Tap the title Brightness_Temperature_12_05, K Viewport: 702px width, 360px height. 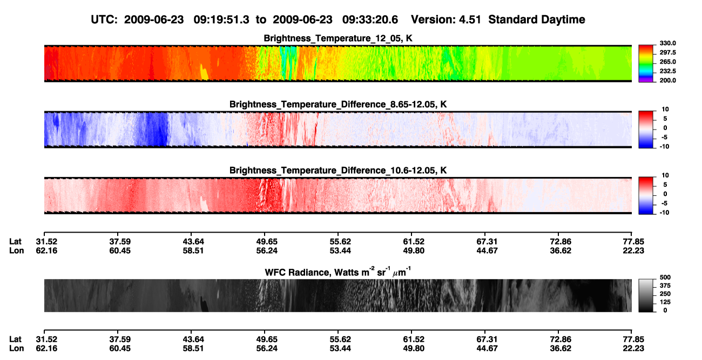tap(338, 38)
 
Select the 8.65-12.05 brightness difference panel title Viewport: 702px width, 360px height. tap(338, 104)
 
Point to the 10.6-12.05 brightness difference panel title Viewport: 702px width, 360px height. tap(338, 171)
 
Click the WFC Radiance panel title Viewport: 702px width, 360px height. tap(338, 272)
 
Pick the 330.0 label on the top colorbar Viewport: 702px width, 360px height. tap(667, 43)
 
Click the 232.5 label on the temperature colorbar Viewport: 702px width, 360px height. tap(667, 71)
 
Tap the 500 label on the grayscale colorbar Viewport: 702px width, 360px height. tap(665, 277)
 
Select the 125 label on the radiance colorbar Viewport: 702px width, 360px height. tap(665, 302)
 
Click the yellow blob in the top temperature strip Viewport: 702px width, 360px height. tap(204, 72)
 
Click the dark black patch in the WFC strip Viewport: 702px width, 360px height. tap(204, 304)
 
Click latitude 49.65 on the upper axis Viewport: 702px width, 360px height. tap(267, 242)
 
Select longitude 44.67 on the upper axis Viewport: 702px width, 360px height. tap(487, 250)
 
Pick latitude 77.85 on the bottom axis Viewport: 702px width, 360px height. tap(633, 339)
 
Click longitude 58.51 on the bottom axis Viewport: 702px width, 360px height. tap(193, 349)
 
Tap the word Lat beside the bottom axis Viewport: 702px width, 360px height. tap(15, 339)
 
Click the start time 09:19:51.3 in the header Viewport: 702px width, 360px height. tap(221, 19)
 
